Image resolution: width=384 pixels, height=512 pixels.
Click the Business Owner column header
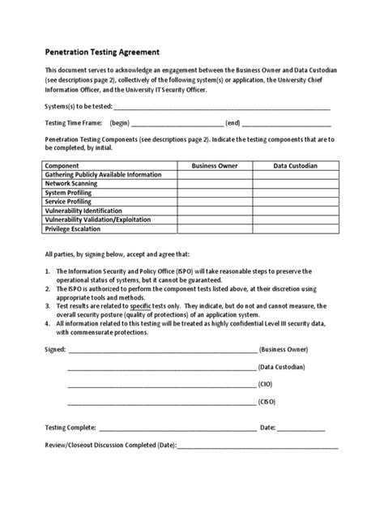pos(214,165)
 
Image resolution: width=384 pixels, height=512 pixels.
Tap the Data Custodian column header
pos(295,165)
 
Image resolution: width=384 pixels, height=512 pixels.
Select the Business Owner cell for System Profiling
pos(214,193)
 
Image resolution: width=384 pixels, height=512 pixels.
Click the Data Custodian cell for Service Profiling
pos(295,202)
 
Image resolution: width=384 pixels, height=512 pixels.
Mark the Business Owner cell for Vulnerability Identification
pos(214,211)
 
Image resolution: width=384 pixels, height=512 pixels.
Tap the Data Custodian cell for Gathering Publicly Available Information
pos(295,174)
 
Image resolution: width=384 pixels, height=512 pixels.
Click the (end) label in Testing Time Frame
pos(233,124)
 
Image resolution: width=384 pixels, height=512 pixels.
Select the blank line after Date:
pos(301,428)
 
